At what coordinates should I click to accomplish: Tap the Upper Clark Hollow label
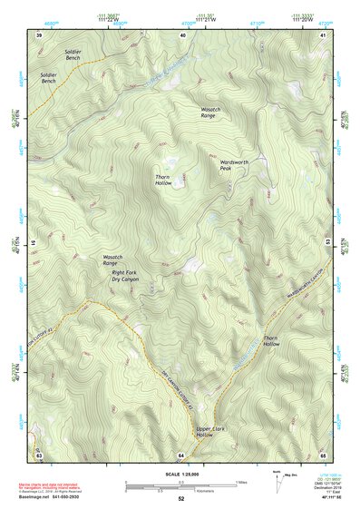(211, 432)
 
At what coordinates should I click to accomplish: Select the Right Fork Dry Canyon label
(126, 276)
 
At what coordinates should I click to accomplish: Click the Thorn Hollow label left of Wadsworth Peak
(163, 180)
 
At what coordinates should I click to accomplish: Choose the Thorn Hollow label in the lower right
(272, 341)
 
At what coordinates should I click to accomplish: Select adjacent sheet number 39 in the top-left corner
(39, 34)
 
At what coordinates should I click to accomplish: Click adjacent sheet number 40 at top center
(182, 34)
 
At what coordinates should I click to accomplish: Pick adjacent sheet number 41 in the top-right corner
(323, 34)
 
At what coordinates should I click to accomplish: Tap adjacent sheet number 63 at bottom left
(39, 454)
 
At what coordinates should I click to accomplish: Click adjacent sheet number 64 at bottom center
(181, 454)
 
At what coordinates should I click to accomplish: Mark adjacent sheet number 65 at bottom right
(323, 454)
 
